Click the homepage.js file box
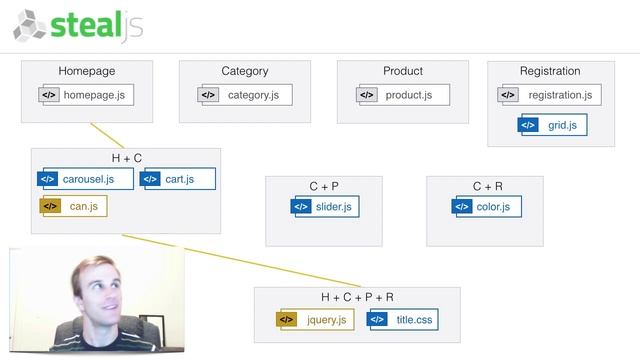(x=86, y=95)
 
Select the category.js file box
(x=244, y=95)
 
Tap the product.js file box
(x=403, y=95)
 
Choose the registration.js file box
(x=549, y=95)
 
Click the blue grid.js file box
(x=553, y=125)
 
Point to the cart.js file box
(x=178, y=180)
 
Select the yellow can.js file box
(x=73, y=207)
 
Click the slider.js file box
(x=323, y=207)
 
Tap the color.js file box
(x=484, y=207)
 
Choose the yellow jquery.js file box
(x=315, y=320)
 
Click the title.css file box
(x=403, y=320)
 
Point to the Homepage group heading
(x=87, y=71)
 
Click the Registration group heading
(x=550, y=71)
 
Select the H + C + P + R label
(x=357, y=297)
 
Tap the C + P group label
(x=324, y=186)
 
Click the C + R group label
(x=485, y=186)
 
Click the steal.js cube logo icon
(x=30, y=25)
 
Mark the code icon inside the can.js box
(x=50, y=207)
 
